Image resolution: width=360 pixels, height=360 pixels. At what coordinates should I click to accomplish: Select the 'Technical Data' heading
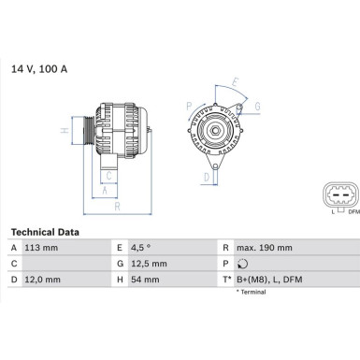[x=44, y=231]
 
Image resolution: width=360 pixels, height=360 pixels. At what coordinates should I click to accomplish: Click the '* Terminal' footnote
[x=252, y=293]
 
